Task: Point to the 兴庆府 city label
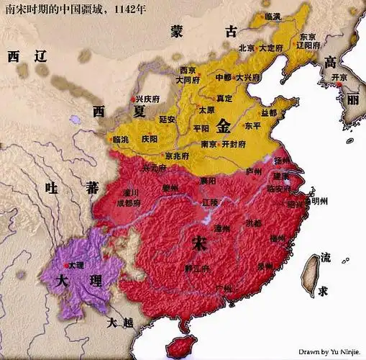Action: click(143, 99)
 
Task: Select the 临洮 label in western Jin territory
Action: click(124, 139)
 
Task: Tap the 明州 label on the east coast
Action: click(315, 202)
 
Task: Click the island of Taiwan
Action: click(310, 277)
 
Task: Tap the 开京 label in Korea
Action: click(349, 76)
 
